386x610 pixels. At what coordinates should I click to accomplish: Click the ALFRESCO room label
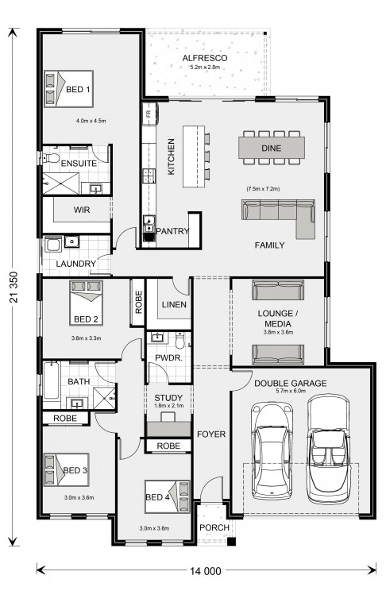(x=205, y=58)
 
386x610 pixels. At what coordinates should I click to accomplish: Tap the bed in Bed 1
(x=69, y=89)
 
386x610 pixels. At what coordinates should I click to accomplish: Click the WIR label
(x=82, y=210)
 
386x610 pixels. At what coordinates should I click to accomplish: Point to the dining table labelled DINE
(x=272, y=148)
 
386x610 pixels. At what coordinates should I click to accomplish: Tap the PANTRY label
(x=172, y=231)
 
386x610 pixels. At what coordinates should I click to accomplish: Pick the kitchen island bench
(x=193, y=156)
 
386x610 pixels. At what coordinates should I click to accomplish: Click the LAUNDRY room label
(x=76, y=264)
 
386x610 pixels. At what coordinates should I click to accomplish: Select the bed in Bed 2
(x=86, y=303)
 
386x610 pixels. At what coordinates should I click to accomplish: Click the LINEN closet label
(x=174, y=305)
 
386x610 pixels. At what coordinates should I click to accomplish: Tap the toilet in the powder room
(x=179, y=341)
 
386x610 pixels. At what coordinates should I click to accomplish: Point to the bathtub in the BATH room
(x=52, y=381)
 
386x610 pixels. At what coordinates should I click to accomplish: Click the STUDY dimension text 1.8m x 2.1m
(x=168, y=406)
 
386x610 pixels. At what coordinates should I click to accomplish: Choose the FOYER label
(x=211, y=434)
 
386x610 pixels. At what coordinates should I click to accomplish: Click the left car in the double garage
(x=272, y=451)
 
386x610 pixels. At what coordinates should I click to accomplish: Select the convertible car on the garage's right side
(x=328, y=449)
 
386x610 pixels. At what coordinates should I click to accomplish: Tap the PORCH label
(x=214, y=527)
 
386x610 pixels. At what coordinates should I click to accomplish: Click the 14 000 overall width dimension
(x=206, y=571)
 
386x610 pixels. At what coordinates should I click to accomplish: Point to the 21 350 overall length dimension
(x=14, y=287)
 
